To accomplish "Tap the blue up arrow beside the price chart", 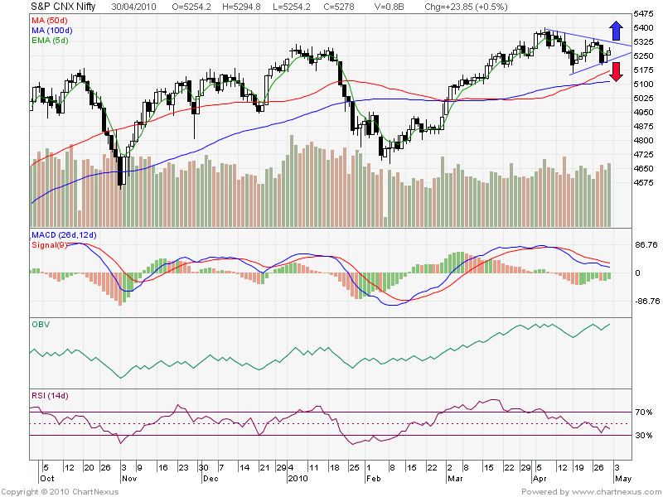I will (615, 29).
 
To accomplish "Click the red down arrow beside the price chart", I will (615, 83).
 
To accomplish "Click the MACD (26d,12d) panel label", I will (63, 236).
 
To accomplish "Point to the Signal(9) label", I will (51, 245).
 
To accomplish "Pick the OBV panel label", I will (41, 324).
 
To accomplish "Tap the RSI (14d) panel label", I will (49, 396).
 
